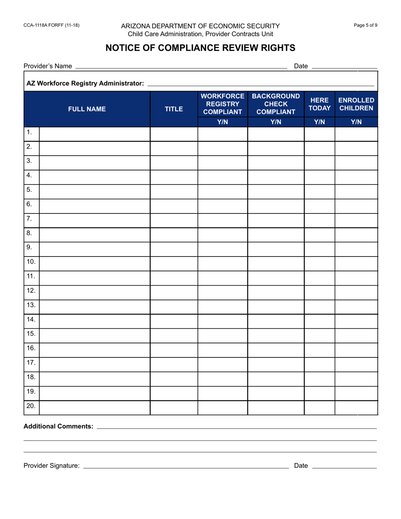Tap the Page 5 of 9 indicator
coord(365,25)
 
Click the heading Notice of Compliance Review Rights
coord(200,48)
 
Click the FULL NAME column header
coord(87,109)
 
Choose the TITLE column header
coord(173,109)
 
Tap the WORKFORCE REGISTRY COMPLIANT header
coord(222,104)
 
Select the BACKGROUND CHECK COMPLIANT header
coord(276,104)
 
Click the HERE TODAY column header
coord(320,104)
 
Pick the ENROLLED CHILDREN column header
coord(356,104)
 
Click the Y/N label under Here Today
coord(320,122)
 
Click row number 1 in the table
coord(30,132)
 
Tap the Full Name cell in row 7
coord(95,219)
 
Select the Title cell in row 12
coord(173,291)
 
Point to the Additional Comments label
coord(58,426)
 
